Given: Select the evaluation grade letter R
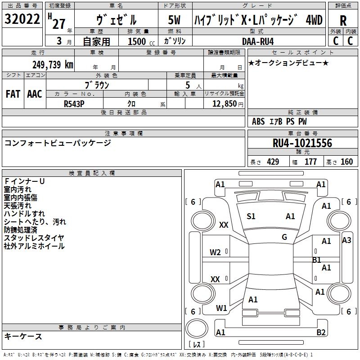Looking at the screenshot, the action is (343, 21).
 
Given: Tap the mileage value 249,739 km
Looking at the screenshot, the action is (53, 65).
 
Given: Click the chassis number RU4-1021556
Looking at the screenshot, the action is (302, 143).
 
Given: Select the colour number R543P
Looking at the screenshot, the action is (74, 103).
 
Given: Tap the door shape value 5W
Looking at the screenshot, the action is (174, 20).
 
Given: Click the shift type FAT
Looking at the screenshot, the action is (13, 94).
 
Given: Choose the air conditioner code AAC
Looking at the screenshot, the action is (34, 94).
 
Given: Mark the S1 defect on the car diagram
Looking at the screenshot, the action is (251, 216).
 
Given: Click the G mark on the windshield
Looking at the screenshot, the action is (284, 237).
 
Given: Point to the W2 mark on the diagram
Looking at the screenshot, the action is (215, 252).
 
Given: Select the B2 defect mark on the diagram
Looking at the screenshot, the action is (321, 333).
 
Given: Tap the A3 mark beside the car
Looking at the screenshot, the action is (346, 240).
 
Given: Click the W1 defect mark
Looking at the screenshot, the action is (221, 308).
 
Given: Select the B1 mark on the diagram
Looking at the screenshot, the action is (317, 260).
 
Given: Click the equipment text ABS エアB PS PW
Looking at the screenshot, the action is (279, 121).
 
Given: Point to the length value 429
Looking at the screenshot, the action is (273, 162).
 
